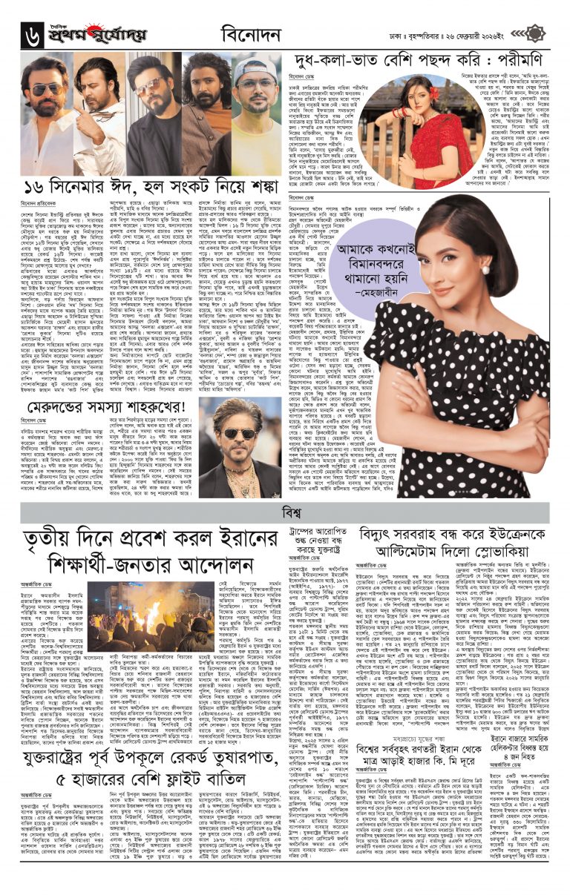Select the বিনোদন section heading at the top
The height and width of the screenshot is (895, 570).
click(252, 35)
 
